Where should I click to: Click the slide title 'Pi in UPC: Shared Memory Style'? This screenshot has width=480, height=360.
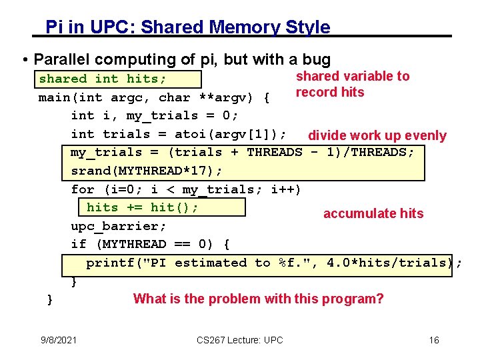[x=187, y=27]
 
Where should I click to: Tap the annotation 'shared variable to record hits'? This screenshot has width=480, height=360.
[x=352, y=84]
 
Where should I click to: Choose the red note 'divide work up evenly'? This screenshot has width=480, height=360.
[x=377, y=136]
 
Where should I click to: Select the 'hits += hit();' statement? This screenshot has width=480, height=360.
[x=143, y=207]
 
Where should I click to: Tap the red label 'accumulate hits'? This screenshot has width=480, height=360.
[x=373, y=213]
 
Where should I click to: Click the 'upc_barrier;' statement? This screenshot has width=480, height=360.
[x=119, y=226]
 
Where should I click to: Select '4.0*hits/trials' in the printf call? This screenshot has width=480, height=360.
[x=387, y=263]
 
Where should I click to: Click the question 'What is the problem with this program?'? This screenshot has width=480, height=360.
[x=259, y=299]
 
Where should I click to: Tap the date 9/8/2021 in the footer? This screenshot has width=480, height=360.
[x=59, y=341]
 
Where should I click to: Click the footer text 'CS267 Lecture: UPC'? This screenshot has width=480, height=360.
[x=240, y=341]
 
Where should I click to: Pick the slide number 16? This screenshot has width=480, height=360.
[x=434, y=341]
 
